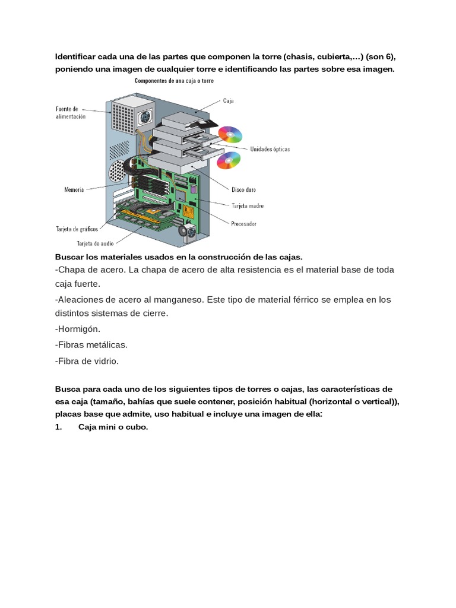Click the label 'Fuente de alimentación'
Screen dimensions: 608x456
click(x=71, y=113)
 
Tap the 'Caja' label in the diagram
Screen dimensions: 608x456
click(x=229, y=101)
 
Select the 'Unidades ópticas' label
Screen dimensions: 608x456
click(x=270, y=150)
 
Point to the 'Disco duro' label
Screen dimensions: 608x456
click(x=244, y=190)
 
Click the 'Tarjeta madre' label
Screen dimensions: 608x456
click(x=247, y=206)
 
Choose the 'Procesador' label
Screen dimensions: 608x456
click(x=243, y=224)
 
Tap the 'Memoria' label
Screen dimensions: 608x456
click(x=74, y=190)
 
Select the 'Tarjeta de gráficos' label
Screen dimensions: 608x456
click(x=77, y=229)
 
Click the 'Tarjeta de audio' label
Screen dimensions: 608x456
click(x=95, y=243)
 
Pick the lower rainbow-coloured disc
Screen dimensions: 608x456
click(x=228, y=160)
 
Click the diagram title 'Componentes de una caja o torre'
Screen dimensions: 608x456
click(x=174, y=81)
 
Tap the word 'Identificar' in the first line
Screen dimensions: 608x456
click(x=77, y=57)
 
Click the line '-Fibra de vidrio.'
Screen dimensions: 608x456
click(x=87, y=360)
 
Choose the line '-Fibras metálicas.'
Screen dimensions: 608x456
click(x=91, y=344)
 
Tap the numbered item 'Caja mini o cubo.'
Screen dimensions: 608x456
click(x=112, y=426)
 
